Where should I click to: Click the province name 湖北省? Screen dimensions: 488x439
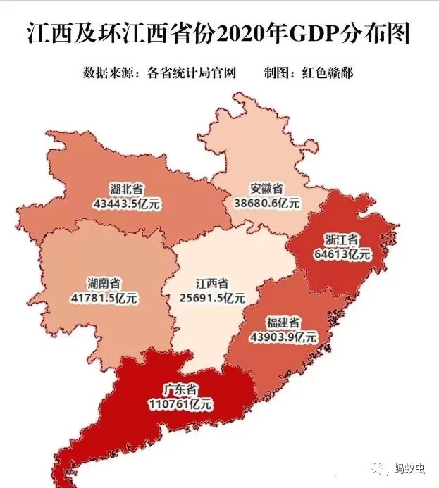click(126, 189)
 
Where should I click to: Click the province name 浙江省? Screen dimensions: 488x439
click(342, 240)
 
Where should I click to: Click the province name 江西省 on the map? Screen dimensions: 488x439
click(212, 284)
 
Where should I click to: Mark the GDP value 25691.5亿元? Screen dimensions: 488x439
click(212, 298)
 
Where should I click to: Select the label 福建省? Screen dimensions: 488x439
click(283, 323)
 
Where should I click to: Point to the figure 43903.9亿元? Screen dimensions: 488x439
click(283, 337)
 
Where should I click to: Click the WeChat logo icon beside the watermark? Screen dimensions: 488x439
click(383, 469)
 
